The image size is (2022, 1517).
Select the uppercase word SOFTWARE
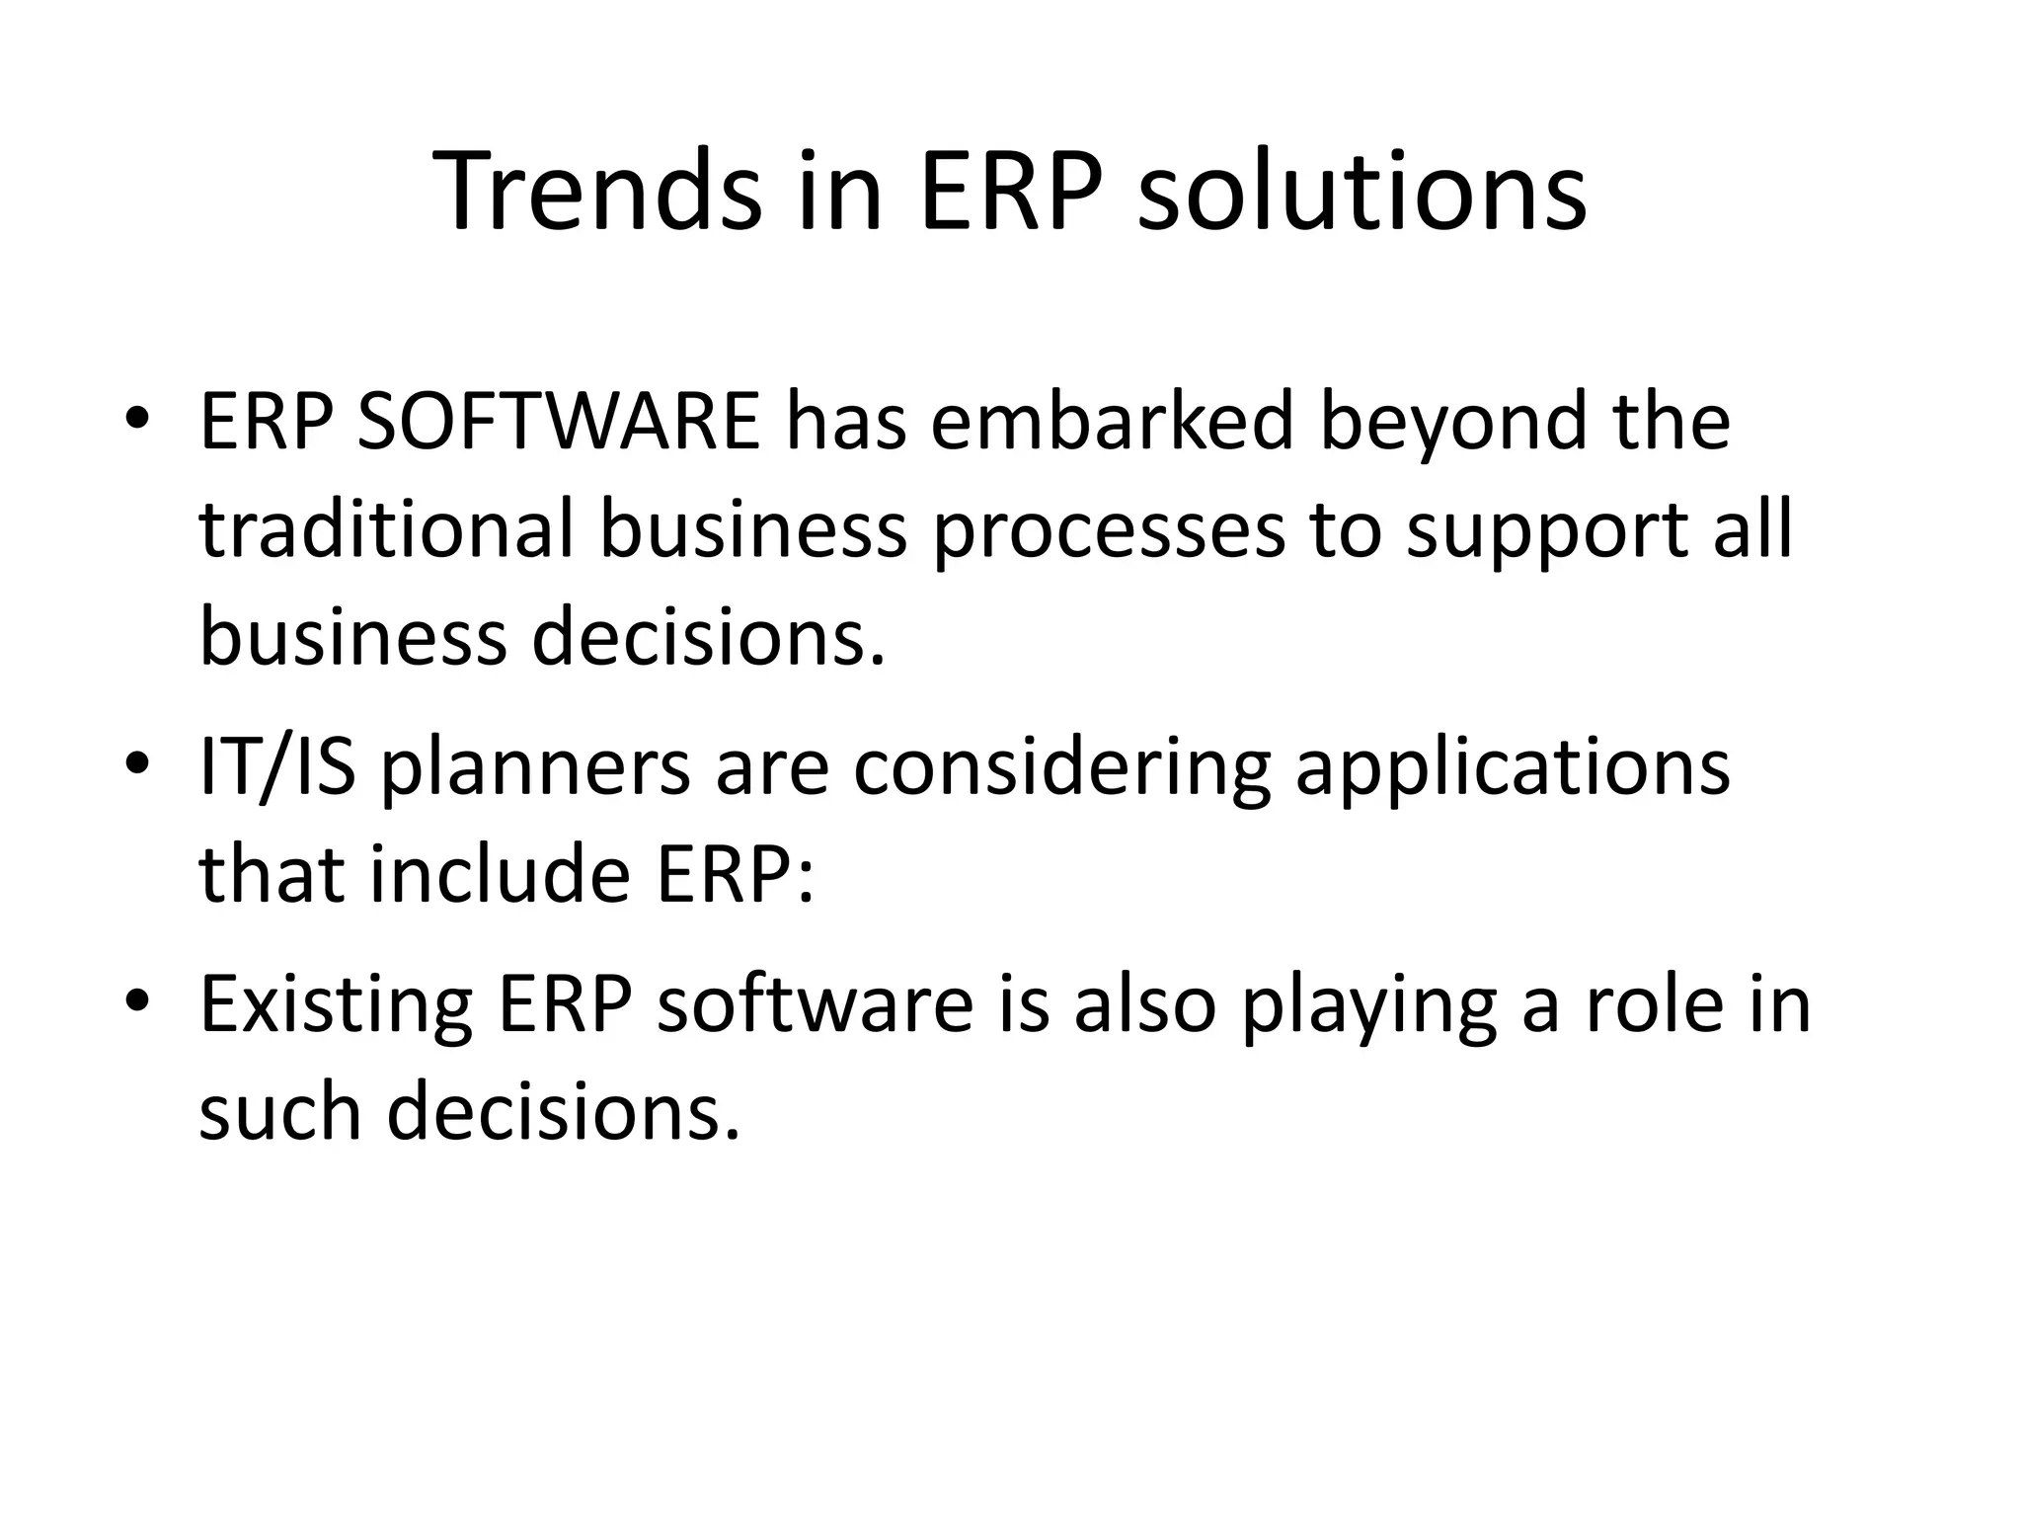pos(558,423)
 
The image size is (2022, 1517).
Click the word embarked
pos(1111,423)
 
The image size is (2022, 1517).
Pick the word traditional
pos(386,531)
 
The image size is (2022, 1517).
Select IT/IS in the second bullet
pos(276,768)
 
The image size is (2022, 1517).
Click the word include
pos(500,875)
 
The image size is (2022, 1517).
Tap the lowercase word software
pos(815,1003)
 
